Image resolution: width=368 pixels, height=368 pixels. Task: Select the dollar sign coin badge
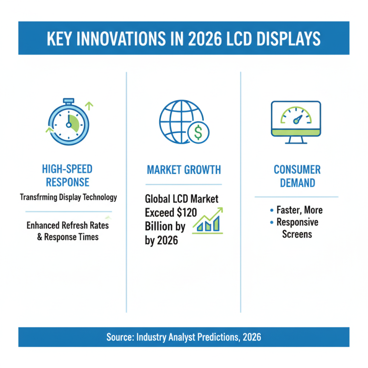point(198,132)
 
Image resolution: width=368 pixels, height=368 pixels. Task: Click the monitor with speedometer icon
point(296,122)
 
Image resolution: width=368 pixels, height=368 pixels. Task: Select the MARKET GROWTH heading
point(184,170)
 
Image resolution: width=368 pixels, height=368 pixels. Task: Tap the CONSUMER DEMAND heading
point(296,176)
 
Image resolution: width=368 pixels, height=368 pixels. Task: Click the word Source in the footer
point(120,337)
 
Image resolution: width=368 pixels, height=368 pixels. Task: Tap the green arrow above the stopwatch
point(89,105)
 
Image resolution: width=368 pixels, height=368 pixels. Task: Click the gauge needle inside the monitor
point(298,119)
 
